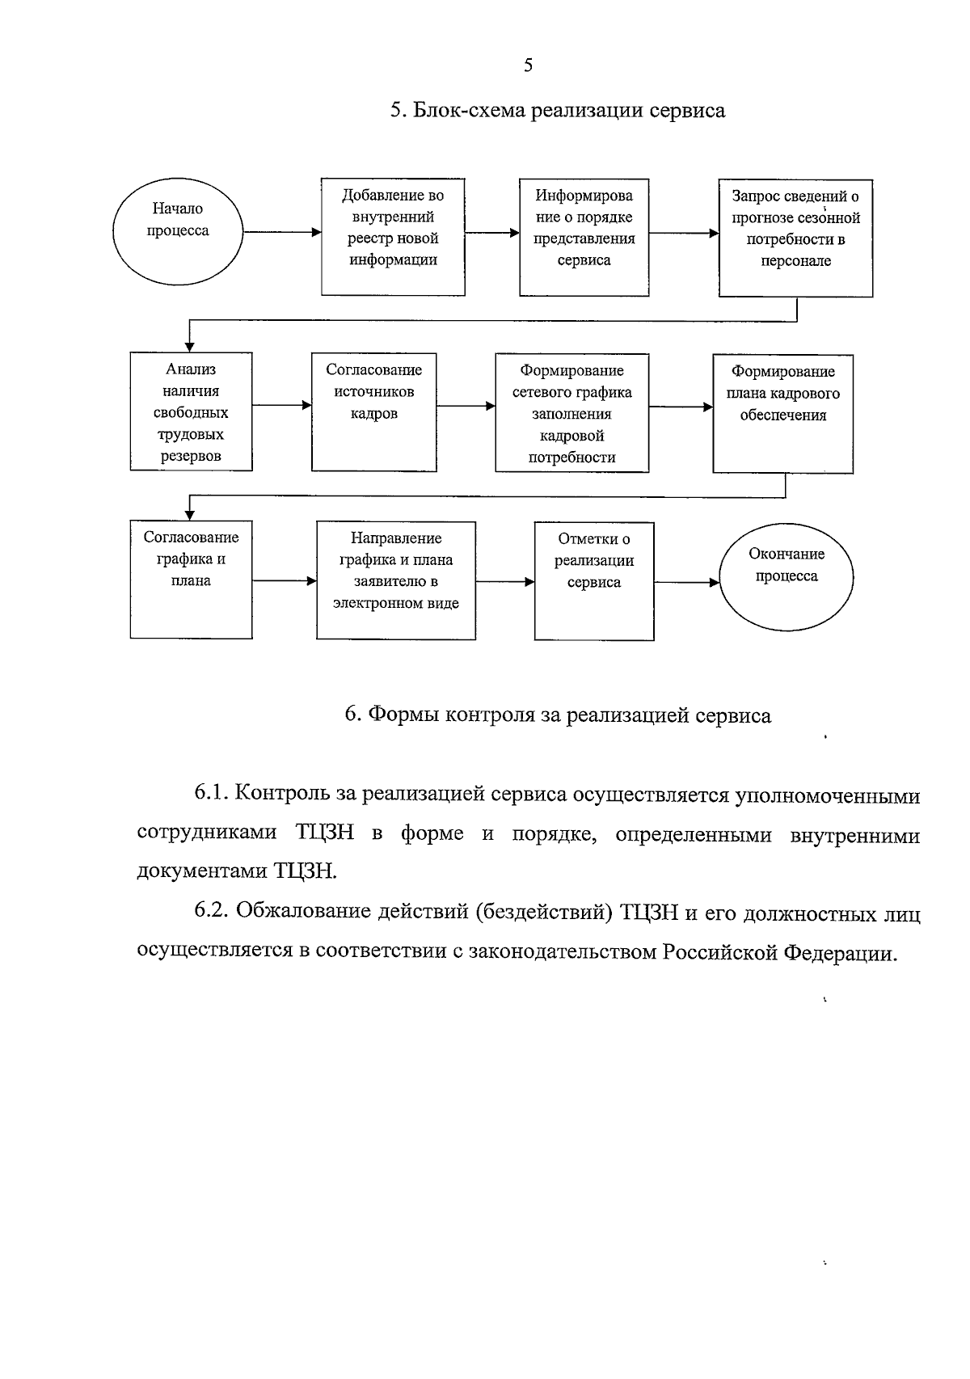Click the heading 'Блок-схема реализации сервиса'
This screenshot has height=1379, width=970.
point(557,111)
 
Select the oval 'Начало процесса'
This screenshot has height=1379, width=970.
point(178,231)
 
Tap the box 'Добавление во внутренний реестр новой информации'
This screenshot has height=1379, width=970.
point(393,236)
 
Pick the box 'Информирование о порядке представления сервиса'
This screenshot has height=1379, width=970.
point(584,237)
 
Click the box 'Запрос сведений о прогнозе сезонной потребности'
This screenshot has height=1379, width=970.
point(795,238)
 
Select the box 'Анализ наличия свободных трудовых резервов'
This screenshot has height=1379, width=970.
point(191,411)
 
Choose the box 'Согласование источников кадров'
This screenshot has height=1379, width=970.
point(373,411)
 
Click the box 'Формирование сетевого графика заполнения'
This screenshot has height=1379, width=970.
point(571,412)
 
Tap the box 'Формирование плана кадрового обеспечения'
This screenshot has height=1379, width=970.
point(782,413)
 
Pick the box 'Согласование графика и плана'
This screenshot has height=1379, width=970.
point(191,580)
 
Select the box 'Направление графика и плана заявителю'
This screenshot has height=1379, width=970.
point(395,580)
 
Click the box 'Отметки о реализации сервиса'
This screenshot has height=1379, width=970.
point(594,581)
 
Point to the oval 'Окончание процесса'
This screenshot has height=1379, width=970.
point(787,576)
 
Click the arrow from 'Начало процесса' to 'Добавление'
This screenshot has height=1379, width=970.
point(281,232)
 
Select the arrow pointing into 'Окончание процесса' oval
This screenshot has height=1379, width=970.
point(686,582)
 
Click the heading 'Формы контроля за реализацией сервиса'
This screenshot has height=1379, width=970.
point(557,715)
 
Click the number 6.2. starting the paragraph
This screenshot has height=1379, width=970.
point(213,912)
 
